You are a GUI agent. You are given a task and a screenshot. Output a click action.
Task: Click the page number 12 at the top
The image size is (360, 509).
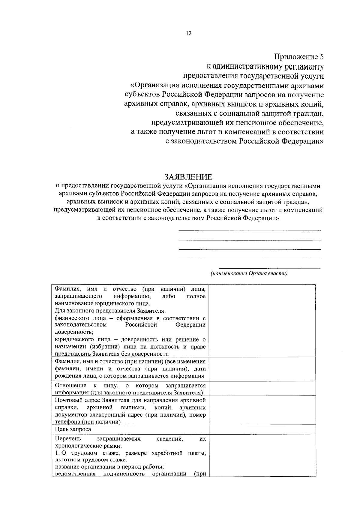188,34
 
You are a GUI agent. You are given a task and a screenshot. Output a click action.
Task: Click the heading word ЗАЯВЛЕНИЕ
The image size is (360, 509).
188,177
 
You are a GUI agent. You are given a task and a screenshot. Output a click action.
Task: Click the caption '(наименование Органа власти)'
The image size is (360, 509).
249,273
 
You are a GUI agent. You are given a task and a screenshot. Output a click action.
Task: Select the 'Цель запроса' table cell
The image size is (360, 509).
73,429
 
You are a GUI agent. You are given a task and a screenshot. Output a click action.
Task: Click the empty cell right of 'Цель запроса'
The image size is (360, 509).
262,429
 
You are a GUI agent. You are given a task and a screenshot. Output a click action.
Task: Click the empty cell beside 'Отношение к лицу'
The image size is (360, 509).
262,389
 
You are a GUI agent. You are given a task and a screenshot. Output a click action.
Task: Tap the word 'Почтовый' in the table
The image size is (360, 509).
67,400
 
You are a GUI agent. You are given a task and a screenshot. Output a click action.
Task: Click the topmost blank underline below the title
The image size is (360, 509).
249,231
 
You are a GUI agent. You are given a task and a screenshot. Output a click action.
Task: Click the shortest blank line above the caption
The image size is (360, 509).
270,268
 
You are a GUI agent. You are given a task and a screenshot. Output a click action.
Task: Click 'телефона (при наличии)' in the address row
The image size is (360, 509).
88,422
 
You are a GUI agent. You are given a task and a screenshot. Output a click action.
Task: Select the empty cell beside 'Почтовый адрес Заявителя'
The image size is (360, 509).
262,411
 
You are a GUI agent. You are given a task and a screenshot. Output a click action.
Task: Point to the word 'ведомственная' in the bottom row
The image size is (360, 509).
75,474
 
